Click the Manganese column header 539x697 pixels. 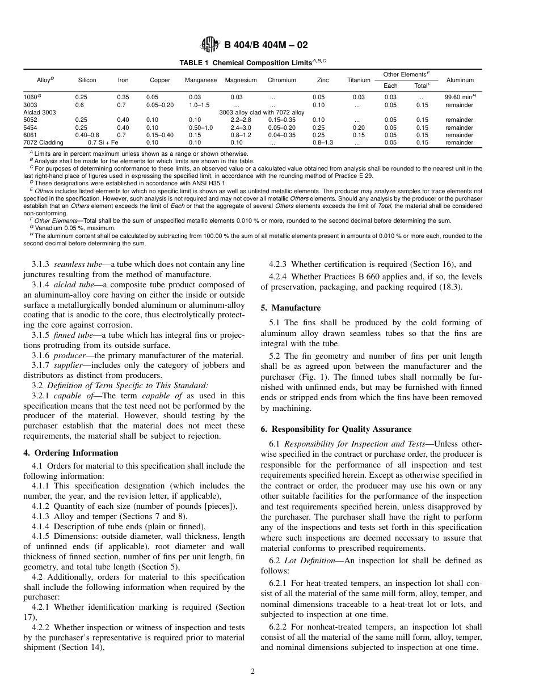201,80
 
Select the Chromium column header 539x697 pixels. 282,80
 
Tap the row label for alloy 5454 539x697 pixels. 30,127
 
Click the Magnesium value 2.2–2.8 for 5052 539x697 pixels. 241,120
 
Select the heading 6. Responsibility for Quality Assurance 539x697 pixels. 340,429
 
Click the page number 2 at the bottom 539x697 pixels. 253,671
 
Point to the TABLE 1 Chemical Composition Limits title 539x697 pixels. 253,62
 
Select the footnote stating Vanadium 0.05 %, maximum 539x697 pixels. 74,228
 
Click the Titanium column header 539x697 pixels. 359,80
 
